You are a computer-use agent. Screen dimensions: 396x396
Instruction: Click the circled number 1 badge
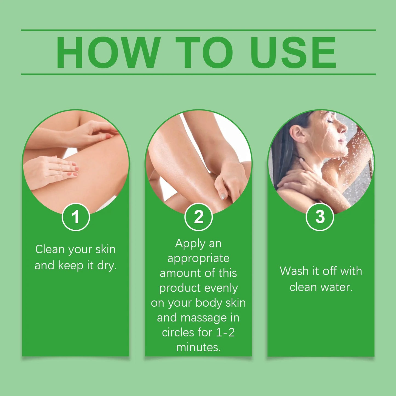[x=76, y=217]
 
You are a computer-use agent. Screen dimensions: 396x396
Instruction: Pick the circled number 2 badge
[x=199, y=217]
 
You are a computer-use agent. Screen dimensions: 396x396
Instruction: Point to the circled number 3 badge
[x=320, y=217]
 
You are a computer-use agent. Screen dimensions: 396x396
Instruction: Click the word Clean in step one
[x=50, y=250]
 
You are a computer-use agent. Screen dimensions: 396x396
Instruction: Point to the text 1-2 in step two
[x=225, y=332]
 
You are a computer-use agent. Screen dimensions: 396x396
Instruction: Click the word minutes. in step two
[x=198, y=347]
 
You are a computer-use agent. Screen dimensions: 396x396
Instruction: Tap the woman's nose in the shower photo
[x=343, y=127]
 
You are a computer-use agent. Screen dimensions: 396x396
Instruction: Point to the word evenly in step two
[x=221, y=288]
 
